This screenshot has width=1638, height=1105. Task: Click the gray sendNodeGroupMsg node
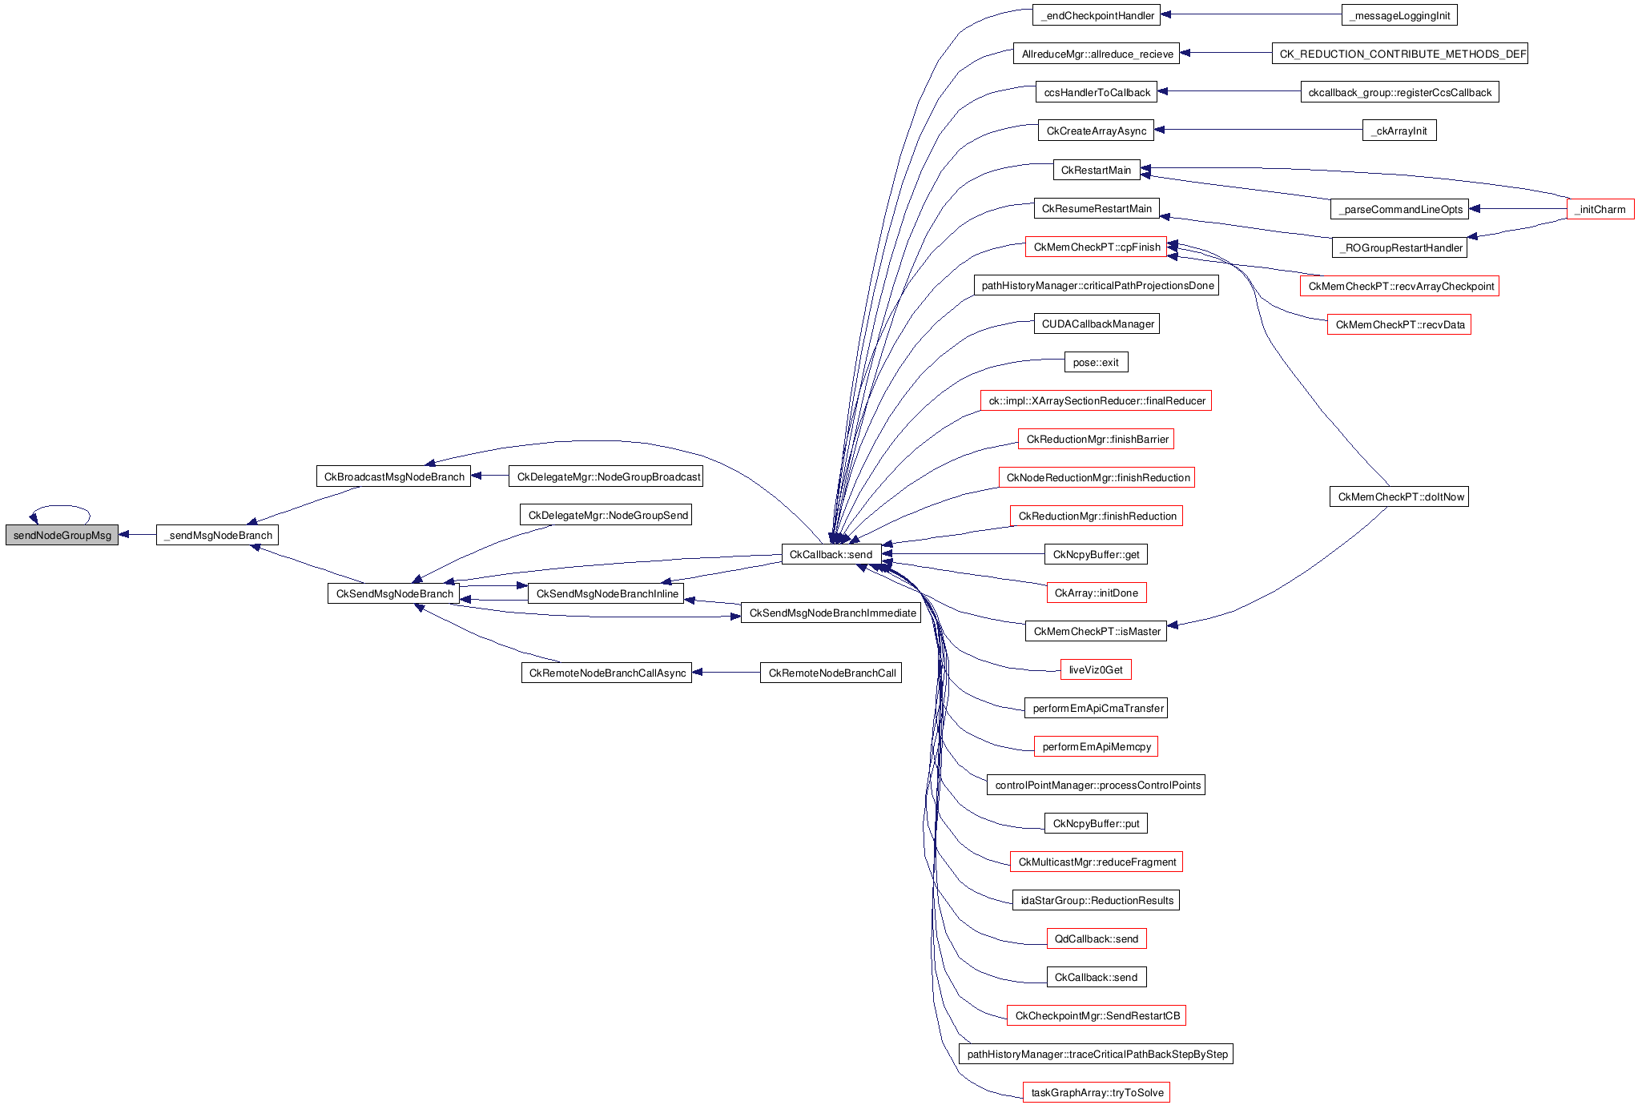coord(62,535)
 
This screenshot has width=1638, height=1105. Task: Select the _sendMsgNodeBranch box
coord(217,535)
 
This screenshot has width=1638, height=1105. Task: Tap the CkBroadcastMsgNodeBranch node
coord(393,476)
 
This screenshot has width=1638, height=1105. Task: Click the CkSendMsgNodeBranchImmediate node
coord(831,613)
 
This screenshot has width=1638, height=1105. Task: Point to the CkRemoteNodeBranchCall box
coord(831,673)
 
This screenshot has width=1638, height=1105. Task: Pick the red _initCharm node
coord(1600,209)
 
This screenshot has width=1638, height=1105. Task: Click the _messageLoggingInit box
coord(1399,15)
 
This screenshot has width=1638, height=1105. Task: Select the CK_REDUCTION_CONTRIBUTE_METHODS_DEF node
coord(1399,54)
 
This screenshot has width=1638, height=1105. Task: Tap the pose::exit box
coord(1096,362)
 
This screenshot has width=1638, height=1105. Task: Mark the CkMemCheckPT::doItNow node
coord(1399,496)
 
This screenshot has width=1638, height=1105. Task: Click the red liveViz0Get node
coord(1096,669)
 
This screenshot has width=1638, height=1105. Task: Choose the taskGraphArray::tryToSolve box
coord(1096,1092)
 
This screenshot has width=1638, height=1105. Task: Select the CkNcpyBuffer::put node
coord(1096,823)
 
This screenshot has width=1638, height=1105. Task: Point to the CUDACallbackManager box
coord(1096,323)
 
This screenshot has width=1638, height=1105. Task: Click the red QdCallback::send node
coord(1096,938)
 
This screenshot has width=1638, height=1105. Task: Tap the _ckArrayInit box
coord(1399,131)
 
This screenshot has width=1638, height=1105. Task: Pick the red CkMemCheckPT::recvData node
coord(1399,324)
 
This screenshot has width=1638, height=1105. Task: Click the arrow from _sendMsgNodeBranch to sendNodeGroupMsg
coord(137,535)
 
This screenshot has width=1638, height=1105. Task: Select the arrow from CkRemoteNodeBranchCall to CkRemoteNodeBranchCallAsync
coord(726,673)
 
